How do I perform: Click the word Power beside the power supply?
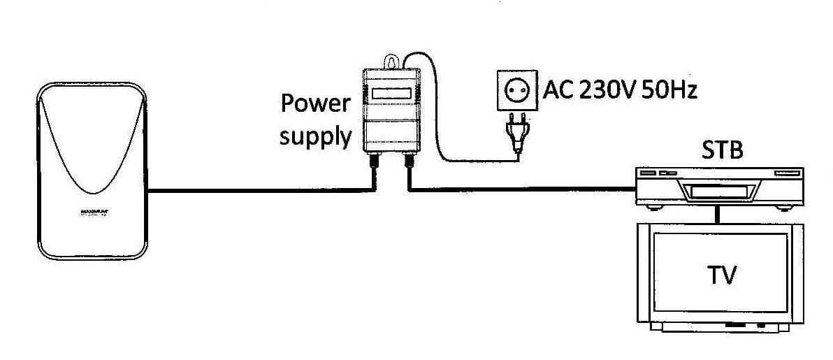[315, 103]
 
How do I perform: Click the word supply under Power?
[315, 136]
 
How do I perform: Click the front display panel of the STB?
[716, 189]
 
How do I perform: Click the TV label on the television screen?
[722, 275]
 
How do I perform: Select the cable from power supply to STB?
[524, 188]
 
